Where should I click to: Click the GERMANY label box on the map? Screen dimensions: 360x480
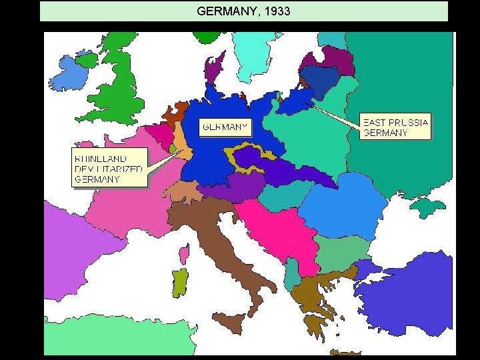[x=225, y=126]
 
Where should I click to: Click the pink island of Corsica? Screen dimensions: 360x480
[x=184, y=253]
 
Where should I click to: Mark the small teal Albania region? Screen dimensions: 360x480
[x=291, y=273]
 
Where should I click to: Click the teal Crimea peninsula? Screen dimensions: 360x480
[x=427, y=207]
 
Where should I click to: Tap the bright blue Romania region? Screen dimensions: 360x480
[x=343, y=203]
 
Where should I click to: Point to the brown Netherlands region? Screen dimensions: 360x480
[x=177, y=113]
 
